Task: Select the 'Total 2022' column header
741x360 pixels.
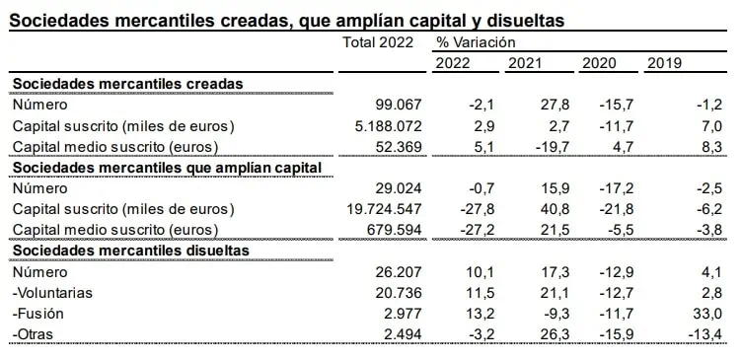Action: pos(378,42)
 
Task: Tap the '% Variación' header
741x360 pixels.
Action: pos(476,42)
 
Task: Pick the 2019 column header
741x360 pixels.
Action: pos(664,63)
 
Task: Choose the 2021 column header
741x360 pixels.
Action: pos(525,63)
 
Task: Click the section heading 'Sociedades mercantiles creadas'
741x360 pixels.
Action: pos(127,84)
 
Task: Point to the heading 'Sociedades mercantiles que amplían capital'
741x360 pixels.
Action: pos(168,168)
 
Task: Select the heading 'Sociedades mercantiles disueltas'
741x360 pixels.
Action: pos(131,251)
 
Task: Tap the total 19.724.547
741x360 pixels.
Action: pos(384,209)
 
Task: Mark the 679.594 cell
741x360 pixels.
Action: pos(394,230)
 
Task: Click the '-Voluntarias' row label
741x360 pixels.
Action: pos(52,293)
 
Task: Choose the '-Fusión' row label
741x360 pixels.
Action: pos(37,314)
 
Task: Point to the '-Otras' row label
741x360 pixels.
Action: pos(33,334)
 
